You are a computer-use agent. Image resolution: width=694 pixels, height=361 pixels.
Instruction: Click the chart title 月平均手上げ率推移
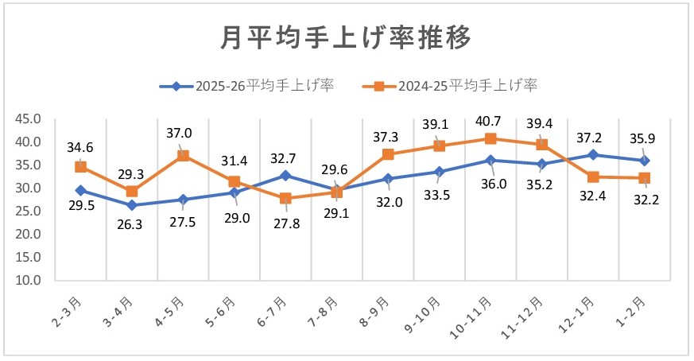click(x=346, y=37)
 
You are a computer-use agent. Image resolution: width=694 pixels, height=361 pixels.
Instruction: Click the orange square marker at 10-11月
click(x=490, y=139)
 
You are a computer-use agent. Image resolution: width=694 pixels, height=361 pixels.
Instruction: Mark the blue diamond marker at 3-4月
click(x=131, y=205)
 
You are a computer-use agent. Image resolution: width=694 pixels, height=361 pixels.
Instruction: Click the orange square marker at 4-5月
click(x=183, y=156)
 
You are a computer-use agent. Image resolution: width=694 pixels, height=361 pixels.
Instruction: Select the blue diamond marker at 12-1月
click(x=593, y=155)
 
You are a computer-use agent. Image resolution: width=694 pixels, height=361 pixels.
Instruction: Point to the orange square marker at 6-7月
click(x=285, y=198)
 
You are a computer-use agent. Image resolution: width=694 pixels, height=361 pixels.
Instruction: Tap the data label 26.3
click(x=131, y=225)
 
